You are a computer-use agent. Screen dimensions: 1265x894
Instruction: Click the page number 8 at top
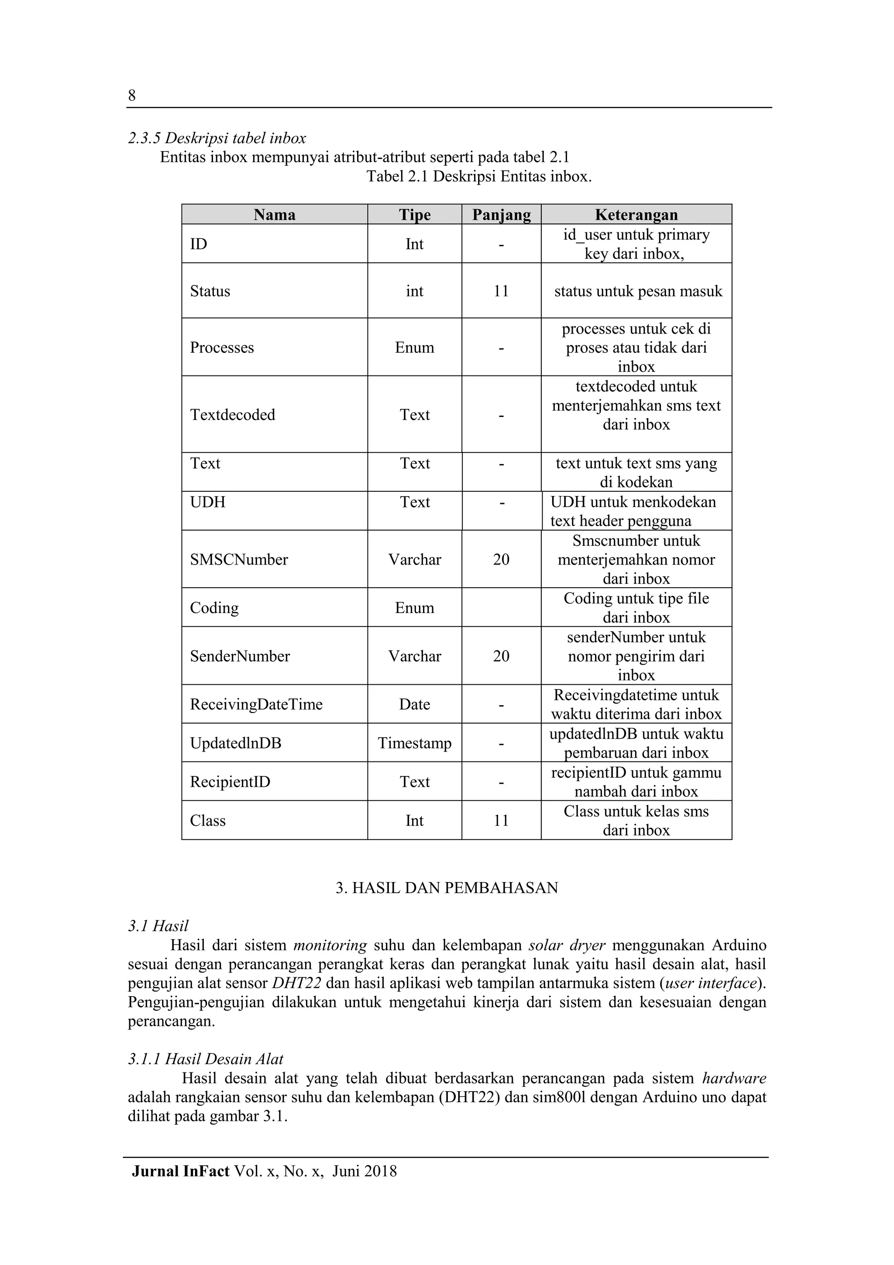tap(132, 96)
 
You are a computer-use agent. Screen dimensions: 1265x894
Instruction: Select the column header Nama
tap(274, 214)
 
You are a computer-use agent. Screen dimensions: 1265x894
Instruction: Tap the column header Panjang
tap(501, 214)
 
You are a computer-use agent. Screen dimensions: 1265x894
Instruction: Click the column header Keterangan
tap(636, 214)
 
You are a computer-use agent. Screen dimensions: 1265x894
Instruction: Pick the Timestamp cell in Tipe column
tap(414, 743)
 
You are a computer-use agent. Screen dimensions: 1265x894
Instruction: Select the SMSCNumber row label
tap(239, 559)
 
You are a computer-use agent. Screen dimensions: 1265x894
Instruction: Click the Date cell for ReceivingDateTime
tap(414, 704)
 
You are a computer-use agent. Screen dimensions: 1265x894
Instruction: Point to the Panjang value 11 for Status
tap(501, 291)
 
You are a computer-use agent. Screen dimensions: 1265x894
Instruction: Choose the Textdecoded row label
tap(233, 414)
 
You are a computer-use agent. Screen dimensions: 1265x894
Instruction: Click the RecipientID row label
tap(230, 781)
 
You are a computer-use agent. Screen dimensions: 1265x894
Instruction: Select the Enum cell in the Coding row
tap(414, 608)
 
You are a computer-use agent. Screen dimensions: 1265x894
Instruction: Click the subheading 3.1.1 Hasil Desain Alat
tap(206, 1058)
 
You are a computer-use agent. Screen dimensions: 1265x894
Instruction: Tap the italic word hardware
tap(734, 1078)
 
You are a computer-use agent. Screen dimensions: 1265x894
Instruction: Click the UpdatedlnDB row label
tap(236, 743)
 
